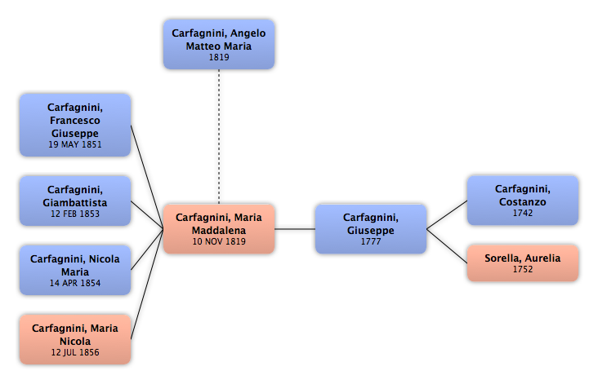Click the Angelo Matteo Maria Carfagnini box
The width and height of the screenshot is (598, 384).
(218, 44)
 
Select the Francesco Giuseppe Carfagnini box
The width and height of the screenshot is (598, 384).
(75, 125)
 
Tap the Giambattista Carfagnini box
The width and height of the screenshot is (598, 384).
(75, 201)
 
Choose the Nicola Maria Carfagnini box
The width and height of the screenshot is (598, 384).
(75, 270)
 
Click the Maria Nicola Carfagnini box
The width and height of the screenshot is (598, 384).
(75, 339)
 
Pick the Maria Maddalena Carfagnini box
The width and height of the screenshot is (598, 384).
(218, 229)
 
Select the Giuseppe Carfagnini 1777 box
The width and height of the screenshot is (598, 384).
(371, 229)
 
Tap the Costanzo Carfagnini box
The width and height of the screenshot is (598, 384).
(523, 201)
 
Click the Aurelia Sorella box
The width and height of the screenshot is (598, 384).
(523, 263)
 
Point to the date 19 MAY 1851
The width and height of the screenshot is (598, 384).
(75, 144)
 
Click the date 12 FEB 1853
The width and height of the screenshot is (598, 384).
(75, 214)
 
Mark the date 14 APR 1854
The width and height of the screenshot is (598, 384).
(75, 283)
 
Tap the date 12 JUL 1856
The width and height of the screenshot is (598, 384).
(75, 352)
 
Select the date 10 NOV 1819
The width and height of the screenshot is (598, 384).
(218, 241)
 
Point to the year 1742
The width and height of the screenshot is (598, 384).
(523, 213)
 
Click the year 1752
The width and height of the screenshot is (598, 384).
(523, 269)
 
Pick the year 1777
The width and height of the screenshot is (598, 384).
(371, 241)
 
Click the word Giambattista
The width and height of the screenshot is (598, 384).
(75, 202)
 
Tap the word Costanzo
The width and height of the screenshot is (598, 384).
(523, 201)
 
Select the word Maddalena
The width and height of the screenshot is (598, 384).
(218, 229)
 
